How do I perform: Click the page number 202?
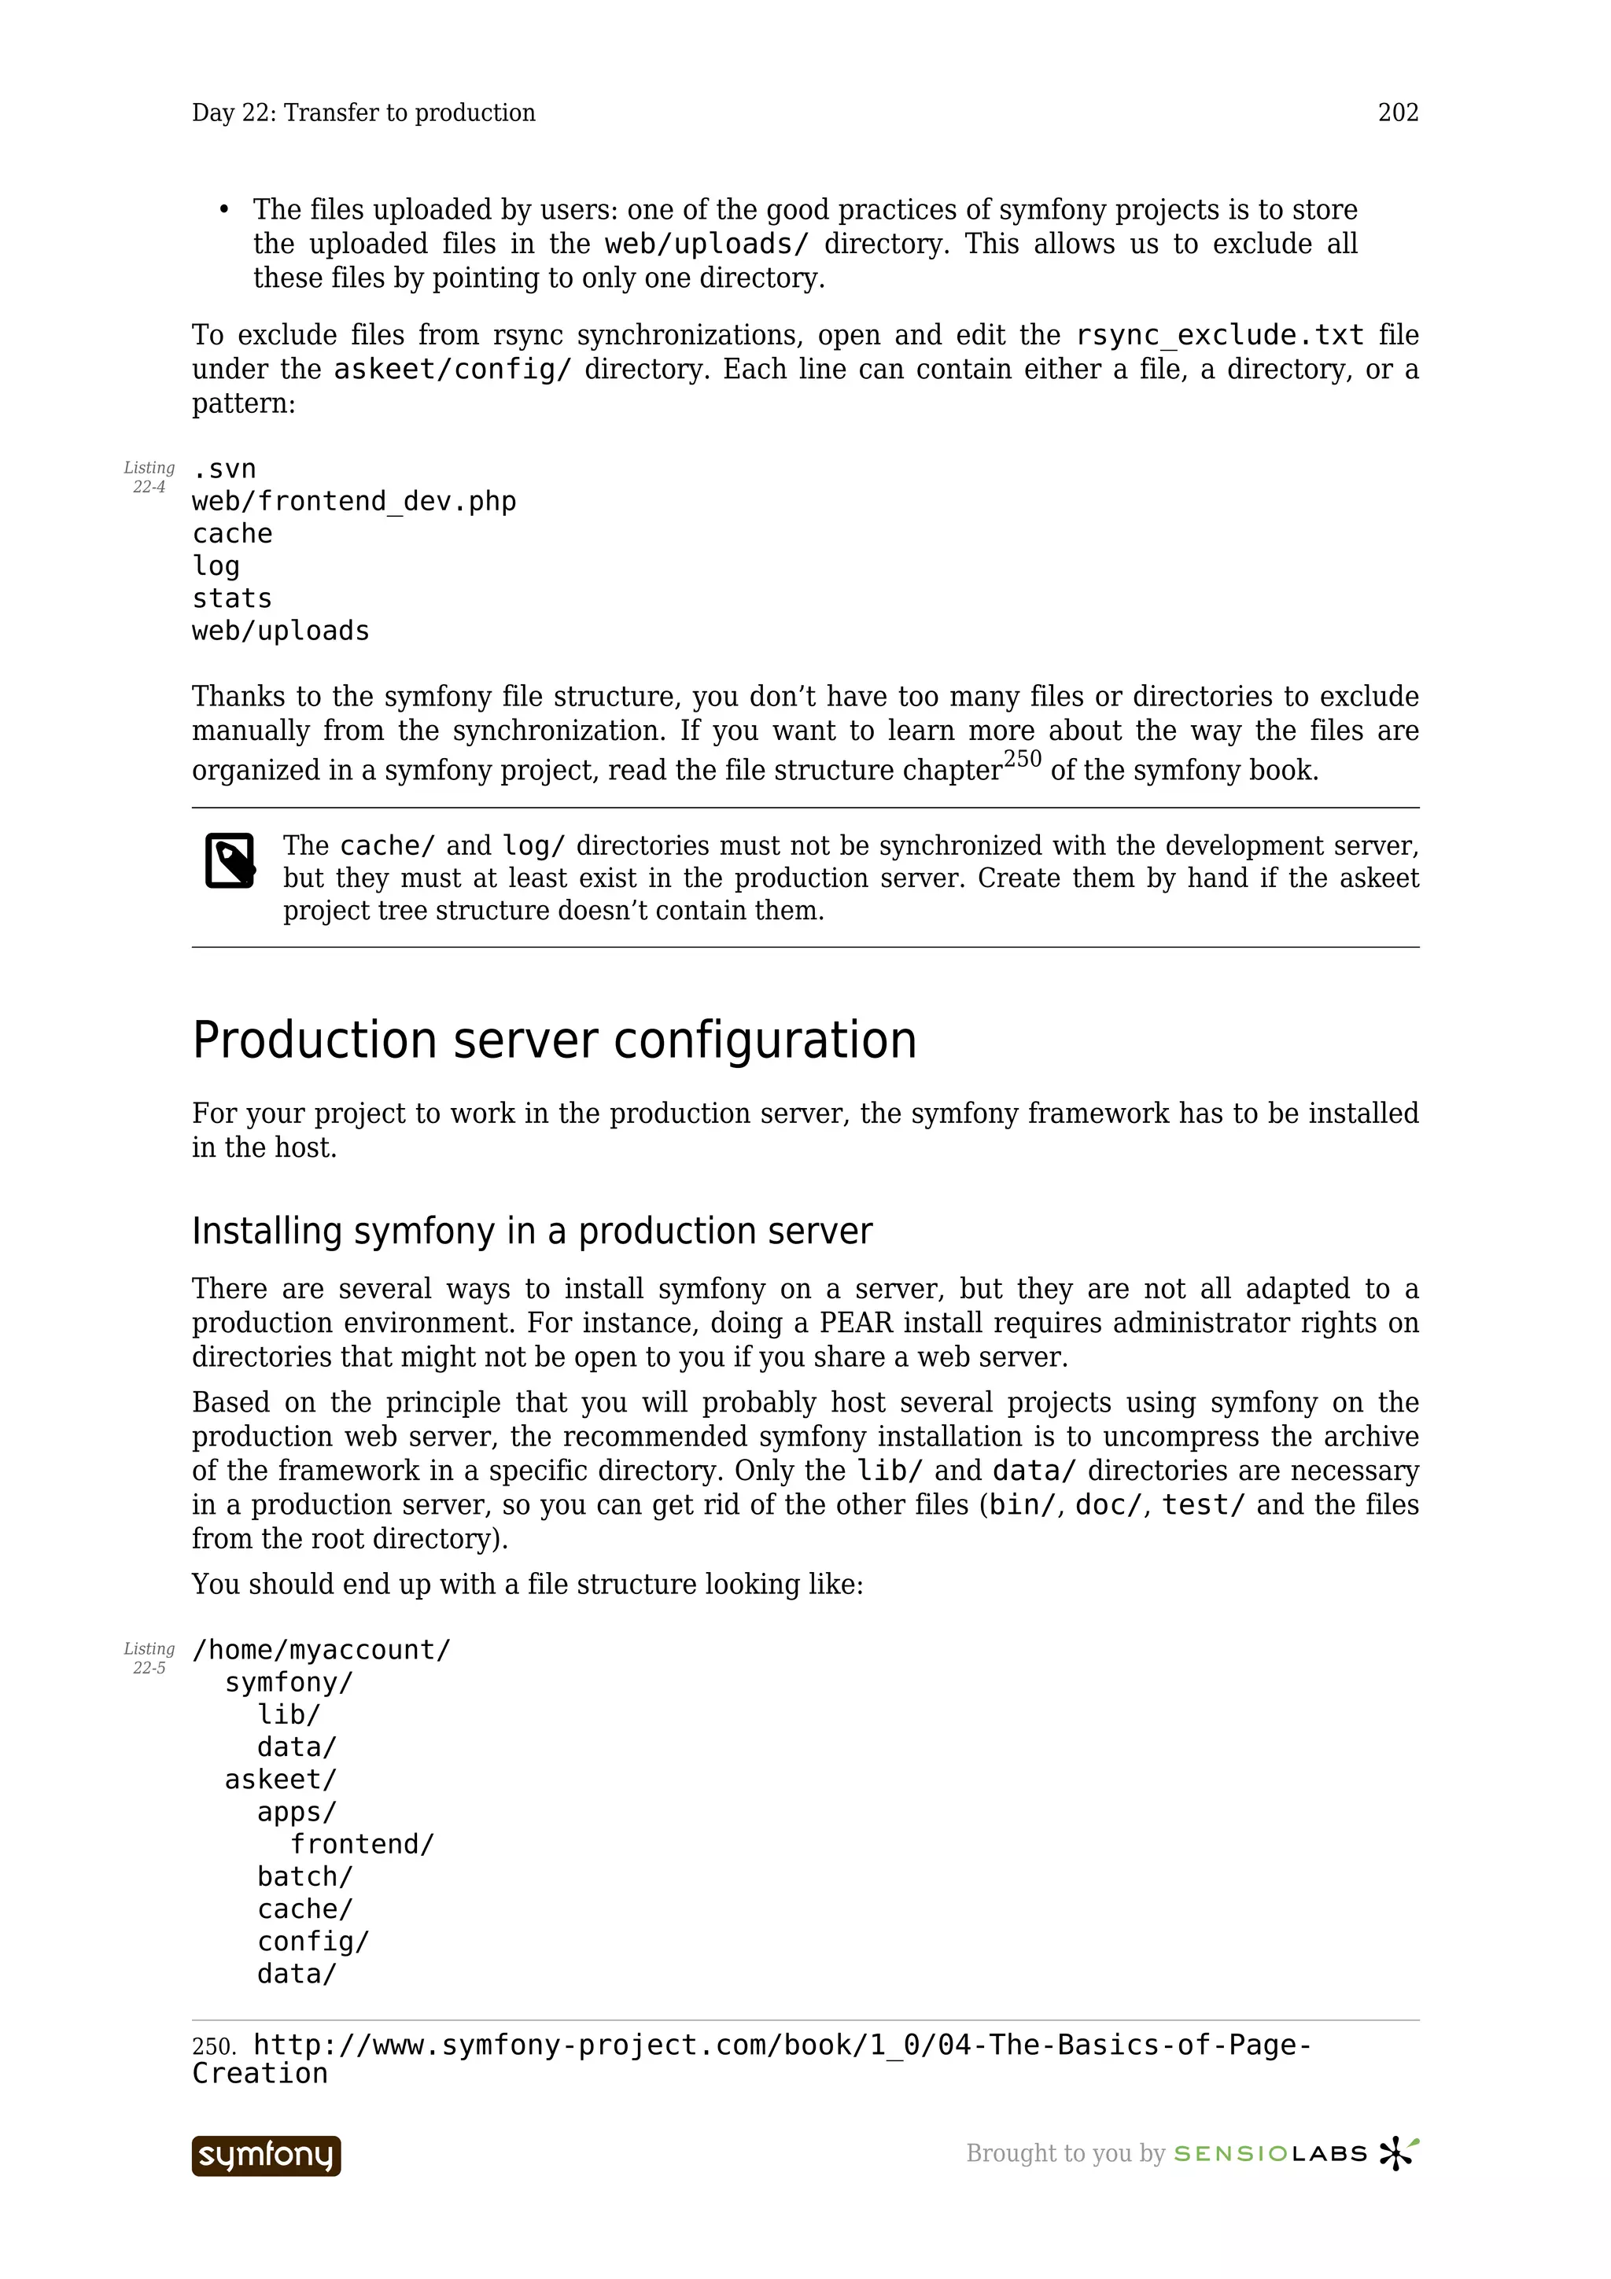pos(1398,113)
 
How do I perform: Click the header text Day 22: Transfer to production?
pos(363,113)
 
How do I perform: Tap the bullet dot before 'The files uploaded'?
pos(224,209)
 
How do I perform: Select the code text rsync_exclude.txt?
pos(1219,336)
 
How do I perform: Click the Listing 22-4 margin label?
pos(149,477)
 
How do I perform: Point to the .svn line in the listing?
pos(224,469)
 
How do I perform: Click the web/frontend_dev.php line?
pos(354,501)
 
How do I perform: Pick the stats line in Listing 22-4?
pos(232,598)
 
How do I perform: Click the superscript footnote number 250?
pos(1023,760)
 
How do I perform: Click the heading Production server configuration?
pos(554,1040)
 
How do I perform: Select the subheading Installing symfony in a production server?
pos(532,1231)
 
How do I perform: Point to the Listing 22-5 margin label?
pos(149,1658)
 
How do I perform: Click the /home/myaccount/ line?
pos(322,1650)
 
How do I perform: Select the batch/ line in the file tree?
pos(304,1877)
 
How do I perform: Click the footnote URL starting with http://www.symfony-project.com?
pos(782,2045)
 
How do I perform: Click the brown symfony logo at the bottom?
pos(266,2155)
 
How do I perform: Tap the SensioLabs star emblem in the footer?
pos(1398,2153)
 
